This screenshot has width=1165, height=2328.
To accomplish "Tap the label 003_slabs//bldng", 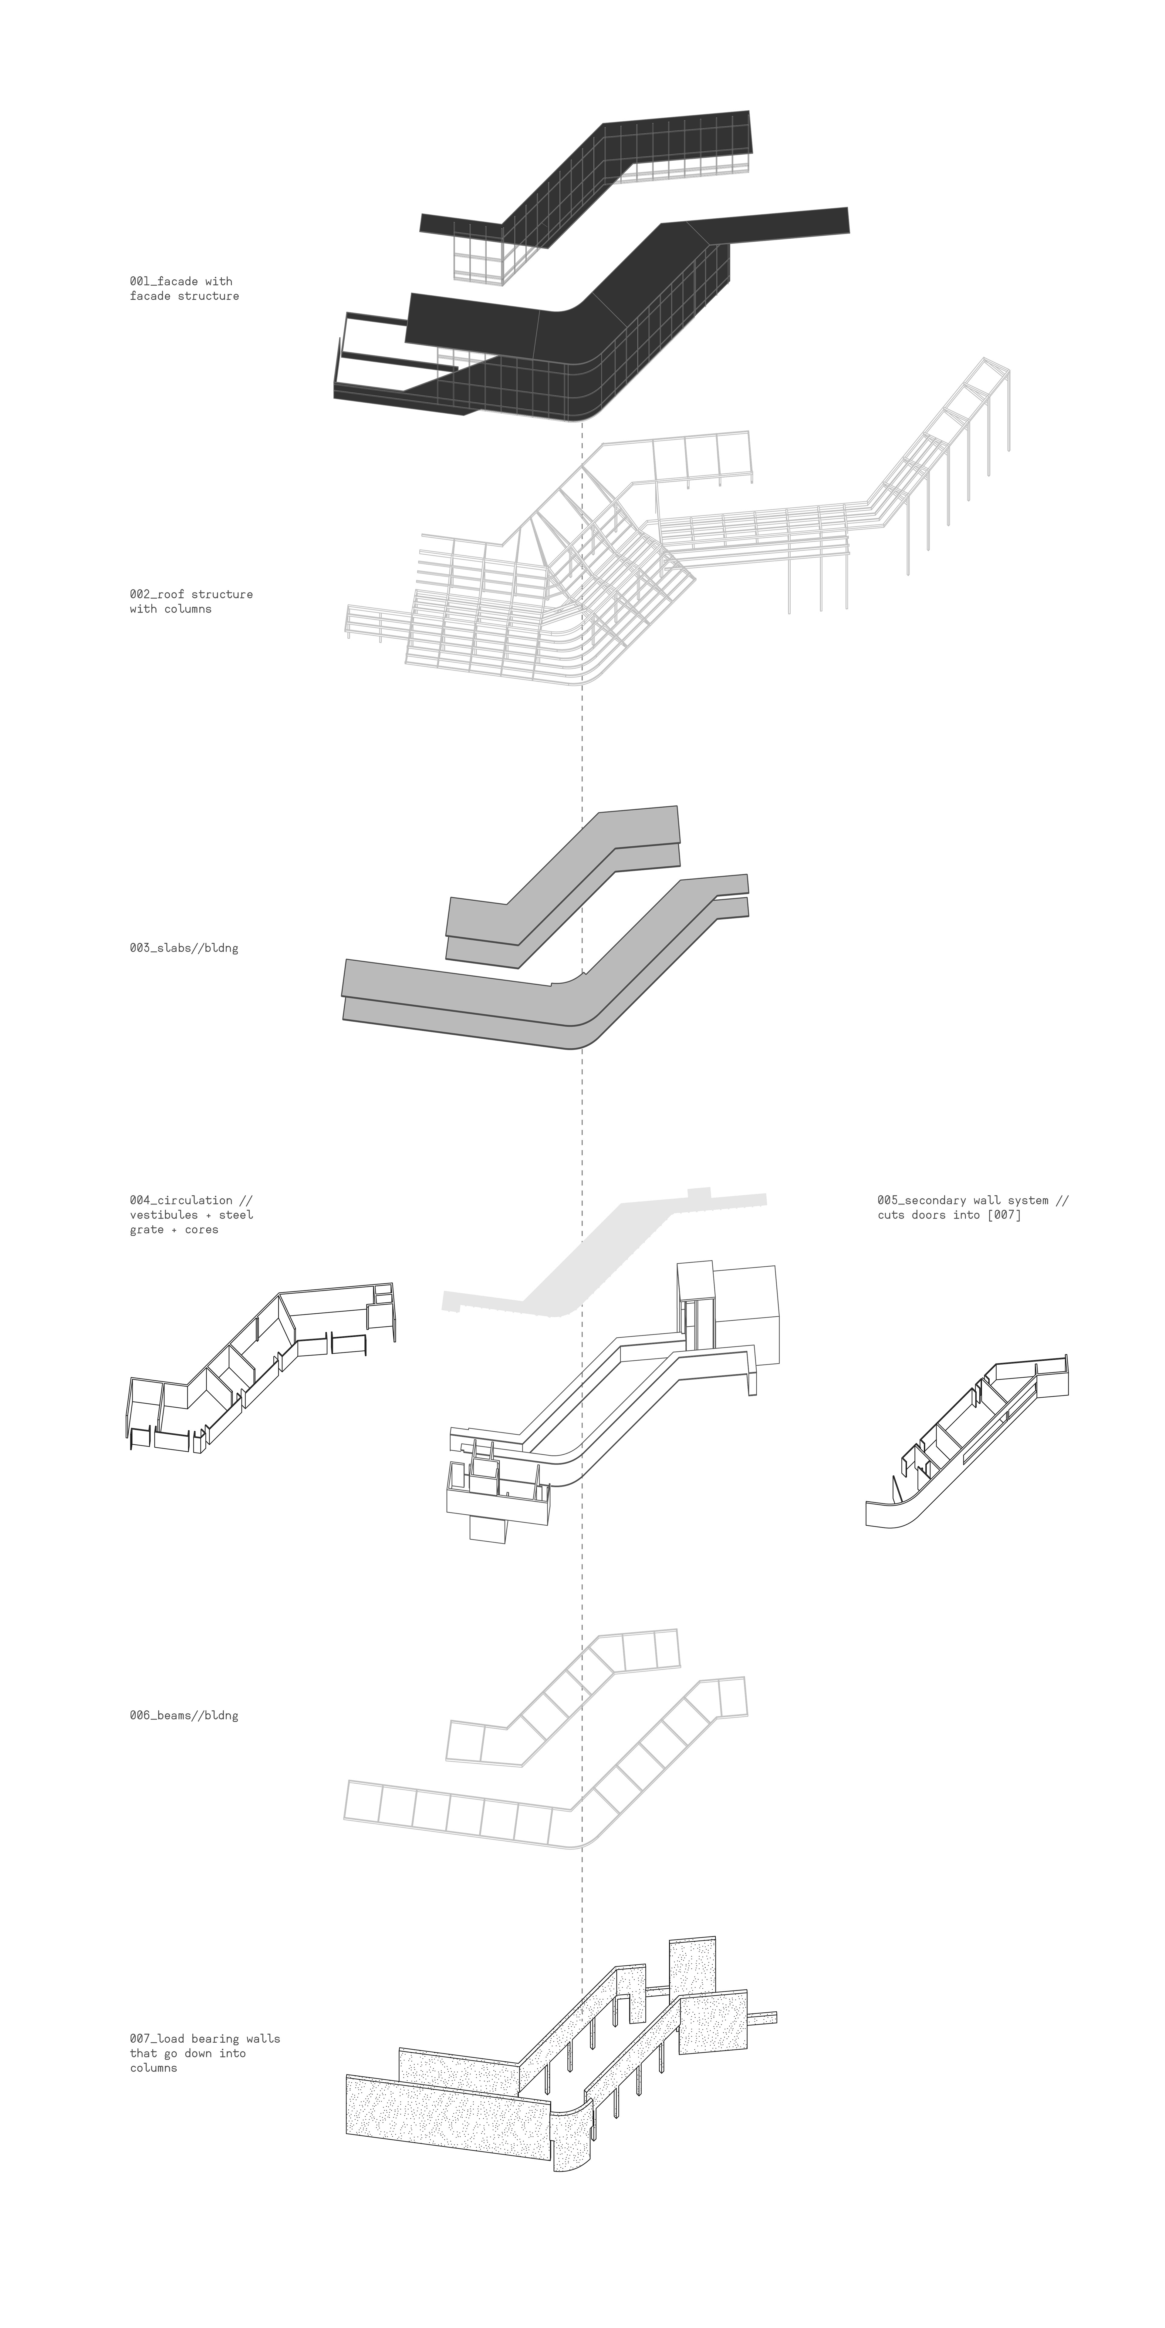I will [184, 948].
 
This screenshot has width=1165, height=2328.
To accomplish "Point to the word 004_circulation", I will [181, 1200].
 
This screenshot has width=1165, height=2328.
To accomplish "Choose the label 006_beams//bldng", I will [184, 1715].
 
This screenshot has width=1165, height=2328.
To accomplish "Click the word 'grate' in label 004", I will [147, 1229].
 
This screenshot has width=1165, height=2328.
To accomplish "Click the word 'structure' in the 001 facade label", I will [211, 296].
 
